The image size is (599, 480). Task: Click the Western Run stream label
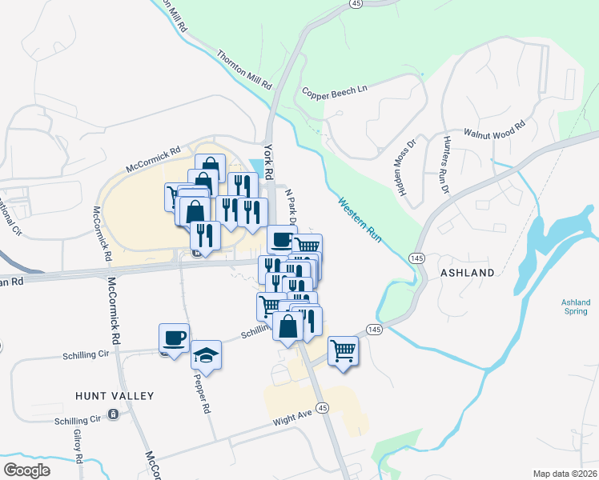(359, 219)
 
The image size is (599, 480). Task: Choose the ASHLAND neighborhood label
(468, 273)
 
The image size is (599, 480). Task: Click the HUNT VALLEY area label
(114, 395)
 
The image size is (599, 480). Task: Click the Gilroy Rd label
(78, 446)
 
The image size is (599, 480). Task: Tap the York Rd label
(269, 161)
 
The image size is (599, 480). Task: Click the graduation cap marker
(207, 354)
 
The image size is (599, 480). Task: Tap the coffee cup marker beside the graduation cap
(174, 337)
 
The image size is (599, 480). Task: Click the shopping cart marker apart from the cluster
(343, 349)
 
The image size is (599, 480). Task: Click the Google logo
(26, 470)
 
